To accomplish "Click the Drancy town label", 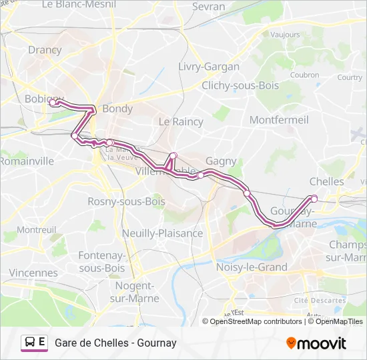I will pos(45,50).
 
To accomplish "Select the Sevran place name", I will pos(208,6).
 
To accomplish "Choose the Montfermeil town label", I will pos(278,120).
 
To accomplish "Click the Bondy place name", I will pos(117,109).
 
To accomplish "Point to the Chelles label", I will pos(327,181).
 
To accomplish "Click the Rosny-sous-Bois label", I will pos(126,201).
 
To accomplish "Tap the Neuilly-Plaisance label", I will pos(162,233).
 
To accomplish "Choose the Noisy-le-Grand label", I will pos(252,267).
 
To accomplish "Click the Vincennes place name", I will pos(33,273).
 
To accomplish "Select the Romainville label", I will pos(27,161).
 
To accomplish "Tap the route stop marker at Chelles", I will pos(314,198).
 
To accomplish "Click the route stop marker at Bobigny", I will pos(53,103).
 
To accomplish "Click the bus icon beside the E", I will pos(30,343).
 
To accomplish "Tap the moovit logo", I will pos(316,343).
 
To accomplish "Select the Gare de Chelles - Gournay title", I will pos(115,343).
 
